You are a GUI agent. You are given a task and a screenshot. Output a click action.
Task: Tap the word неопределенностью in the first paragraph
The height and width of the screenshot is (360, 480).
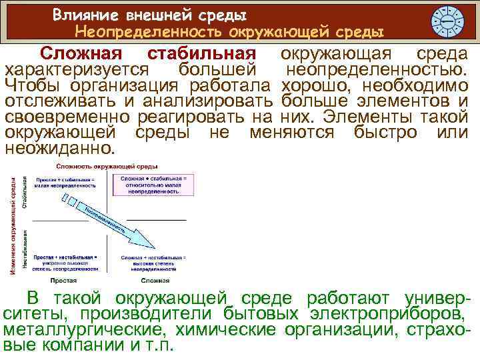(x=377, y=69)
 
